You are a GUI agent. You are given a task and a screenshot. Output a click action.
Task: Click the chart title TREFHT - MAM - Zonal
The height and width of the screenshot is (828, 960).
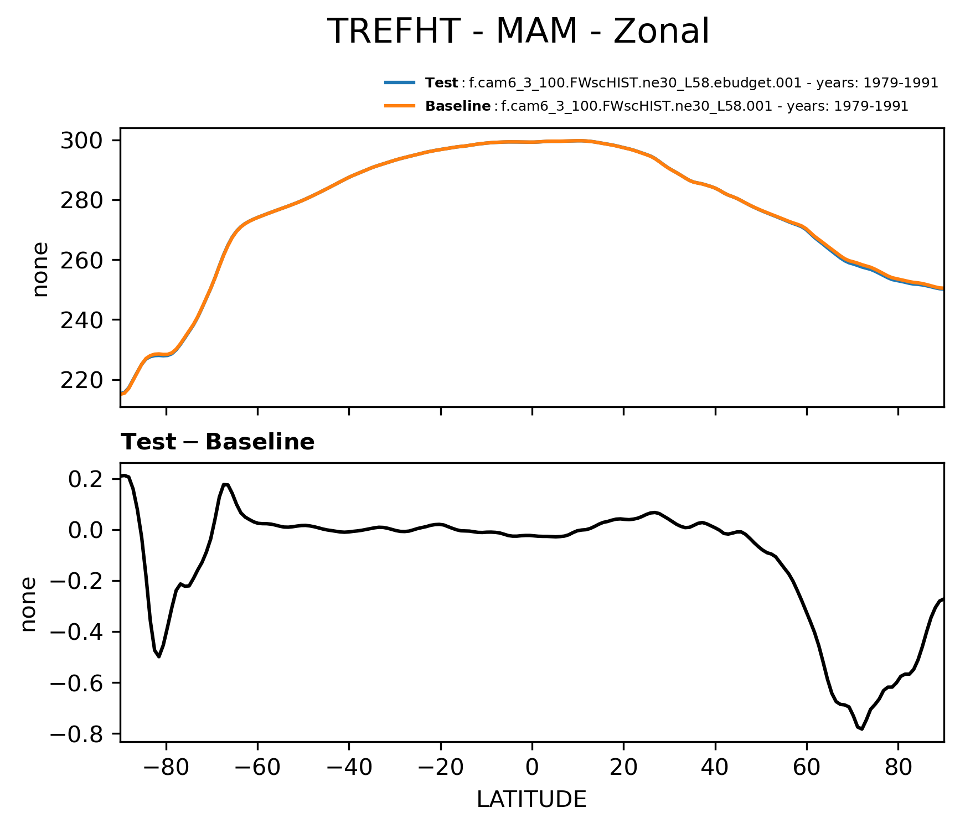point(518,32)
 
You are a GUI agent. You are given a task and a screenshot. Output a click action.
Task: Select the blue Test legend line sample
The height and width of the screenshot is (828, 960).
point(400,83)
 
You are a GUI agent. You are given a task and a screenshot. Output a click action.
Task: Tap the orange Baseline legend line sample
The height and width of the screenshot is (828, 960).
point(400,106)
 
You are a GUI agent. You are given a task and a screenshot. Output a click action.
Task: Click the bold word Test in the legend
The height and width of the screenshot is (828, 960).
point(441,83)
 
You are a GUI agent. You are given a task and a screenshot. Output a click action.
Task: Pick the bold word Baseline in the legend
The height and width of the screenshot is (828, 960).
point(457,106)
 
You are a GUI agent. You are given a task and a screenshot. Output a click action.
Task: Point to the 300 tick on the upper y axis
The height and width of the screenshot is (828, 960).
point(81,141)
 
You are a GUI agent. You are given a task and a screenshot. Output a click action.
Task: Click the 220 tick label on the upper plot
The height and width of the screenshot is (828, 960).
point(81,380)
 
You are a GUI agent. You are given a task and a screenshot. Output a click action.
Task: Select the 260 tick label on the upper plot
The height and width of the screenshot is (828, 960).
point(81,260)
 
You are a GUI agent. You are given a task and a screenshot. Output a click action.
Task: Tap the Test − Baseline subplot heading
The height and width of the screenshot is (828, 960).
point(218,442)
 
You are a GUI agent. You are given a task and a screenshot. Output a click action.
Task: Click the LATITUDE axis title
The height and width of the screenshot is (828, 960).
point(531,799)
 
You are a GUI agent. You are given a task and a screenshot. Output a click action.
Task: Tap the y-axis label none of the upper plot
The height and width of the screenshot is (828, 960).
point(40,270)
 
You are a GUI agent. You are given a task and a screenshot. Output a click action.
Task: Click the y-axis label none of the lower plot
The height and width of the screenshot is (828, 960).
point(28,604)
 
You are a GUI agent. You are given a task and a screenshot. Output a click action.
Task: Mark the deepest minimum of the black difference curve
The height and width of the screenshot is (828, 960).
point(862,729)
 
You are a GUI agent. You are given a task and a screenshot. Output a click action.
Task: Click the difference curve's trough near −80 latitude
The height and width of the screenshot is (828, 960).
point(159,656)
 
